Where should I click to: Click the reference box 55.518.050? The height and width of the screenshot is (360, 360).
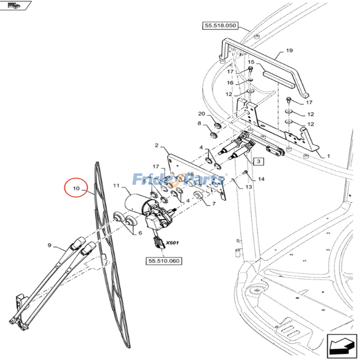[220, 26]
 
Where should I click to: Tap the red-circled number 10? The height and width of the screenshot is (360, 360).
[76, 189]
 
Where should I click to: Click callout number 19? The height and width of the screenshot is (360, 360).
[289, 50]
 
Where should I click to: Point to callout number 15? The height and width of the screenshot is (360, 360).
[251, 62]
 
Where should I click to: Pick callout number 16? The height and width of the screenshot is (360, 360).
[230, 83]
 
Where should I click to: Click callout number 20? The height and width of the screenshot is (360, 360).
[201, 113]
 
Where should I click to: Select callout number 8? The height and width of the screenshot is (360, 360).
[199, 123]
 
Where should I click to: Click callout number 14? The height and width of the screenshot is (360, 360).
[261, 179]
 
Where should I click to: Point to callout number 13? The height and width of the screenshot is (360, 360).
[249, 187]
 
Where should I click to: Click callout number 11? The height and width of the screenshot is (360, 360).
[116, 185]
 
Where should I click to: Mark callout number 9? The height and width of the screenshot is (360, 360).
[49, 245]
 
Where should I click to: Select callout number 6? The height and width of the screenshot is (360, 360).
[139, 233]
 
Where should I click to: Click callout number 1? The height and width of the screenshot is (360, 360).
[328, 156]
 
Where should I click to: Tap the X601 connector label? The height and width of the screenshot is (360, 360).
[172, 243]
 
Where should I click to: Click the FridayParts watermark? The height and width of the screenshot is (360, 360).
[179, 180]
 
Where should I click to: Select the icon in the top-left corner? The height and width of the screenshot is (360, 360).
[16, 6]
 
